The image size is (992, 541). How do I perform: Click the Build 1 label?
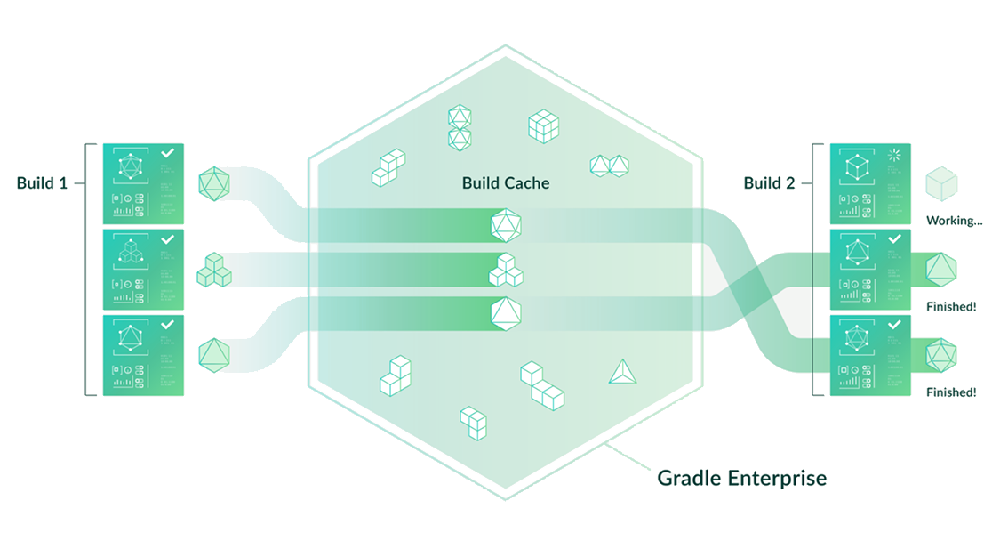pos(41,183)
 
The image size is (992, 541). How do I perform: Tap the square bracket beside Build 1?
pos(87,267)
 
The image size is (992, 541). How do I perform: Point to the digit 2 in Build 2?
pos(789,183)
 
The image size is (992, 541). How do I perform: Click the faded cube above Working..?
pos(941,185)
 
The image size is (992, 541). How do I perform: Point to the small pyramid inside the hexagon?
pos(622,372)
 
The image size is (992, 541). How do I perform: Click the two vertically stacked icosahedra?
pos(459,127)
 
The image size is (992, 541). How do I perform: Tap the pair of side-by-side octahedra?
pos(611,165)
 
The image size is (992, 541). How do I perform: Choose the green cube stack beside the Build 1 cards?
pos(213,270)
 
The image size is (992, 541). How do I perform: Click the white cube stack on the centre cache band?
pos(506,270)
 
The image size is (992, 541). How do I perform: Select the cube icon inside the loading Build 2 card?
pos(855,168)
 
